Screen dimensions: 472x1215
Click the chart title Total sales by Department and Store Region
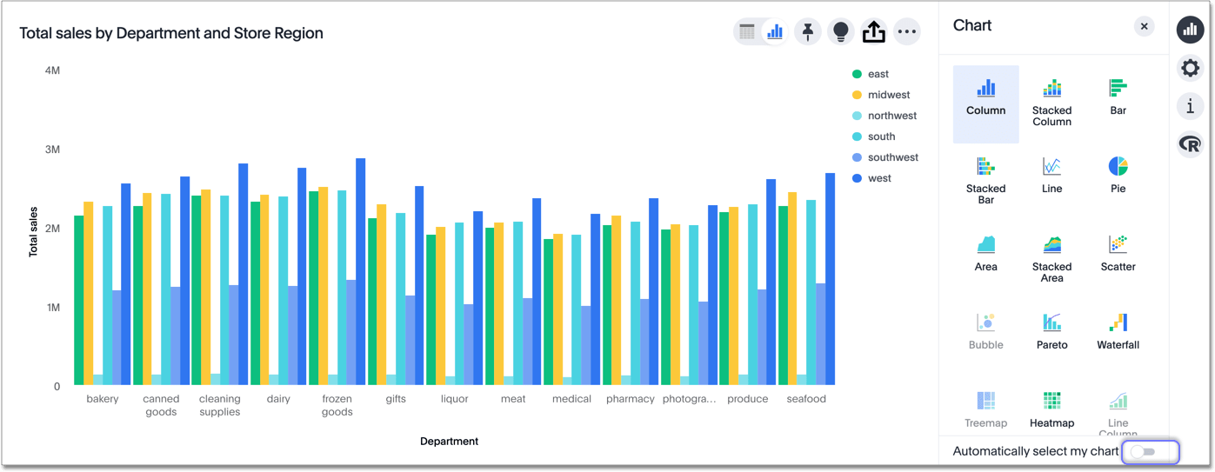click(x=171, y=33)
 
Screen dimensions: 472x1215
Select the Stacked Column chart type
click(x=1051, y=103)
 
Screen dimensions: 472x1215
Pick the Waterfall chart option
click(x=1118, y=330)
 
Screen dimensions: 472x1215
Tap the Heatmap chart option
click(x=1051, y=409)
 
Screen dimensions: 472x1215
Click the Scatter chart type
click(x=1118, y=252)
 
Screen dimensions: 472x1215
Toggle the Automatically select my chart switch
click(x=1149, y=451)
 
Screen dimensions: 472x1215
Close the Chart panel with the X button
click(x=1144, y=26)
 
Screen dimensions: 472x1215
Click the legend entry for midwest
click(x=888, y=95)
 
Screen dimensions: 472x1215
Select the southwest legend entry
click(x=892, y=157)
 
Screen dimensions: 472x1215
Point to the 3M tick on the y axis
click(x=52, y=150)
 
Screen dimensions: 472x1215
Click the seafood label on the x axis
click(x=806, y=399)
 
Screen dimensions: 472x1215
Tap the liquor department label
click(x=454, y=399)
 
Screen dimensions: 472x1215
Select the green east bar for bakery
click(x=79, y=300)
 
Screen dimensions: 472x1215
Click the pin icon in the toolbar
click(x=807, y=32)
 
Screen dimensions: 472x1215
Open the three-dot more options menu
click(x=906, y=32)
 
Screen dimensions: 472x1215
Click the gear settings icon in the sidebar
click(x=1190, y=68)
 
